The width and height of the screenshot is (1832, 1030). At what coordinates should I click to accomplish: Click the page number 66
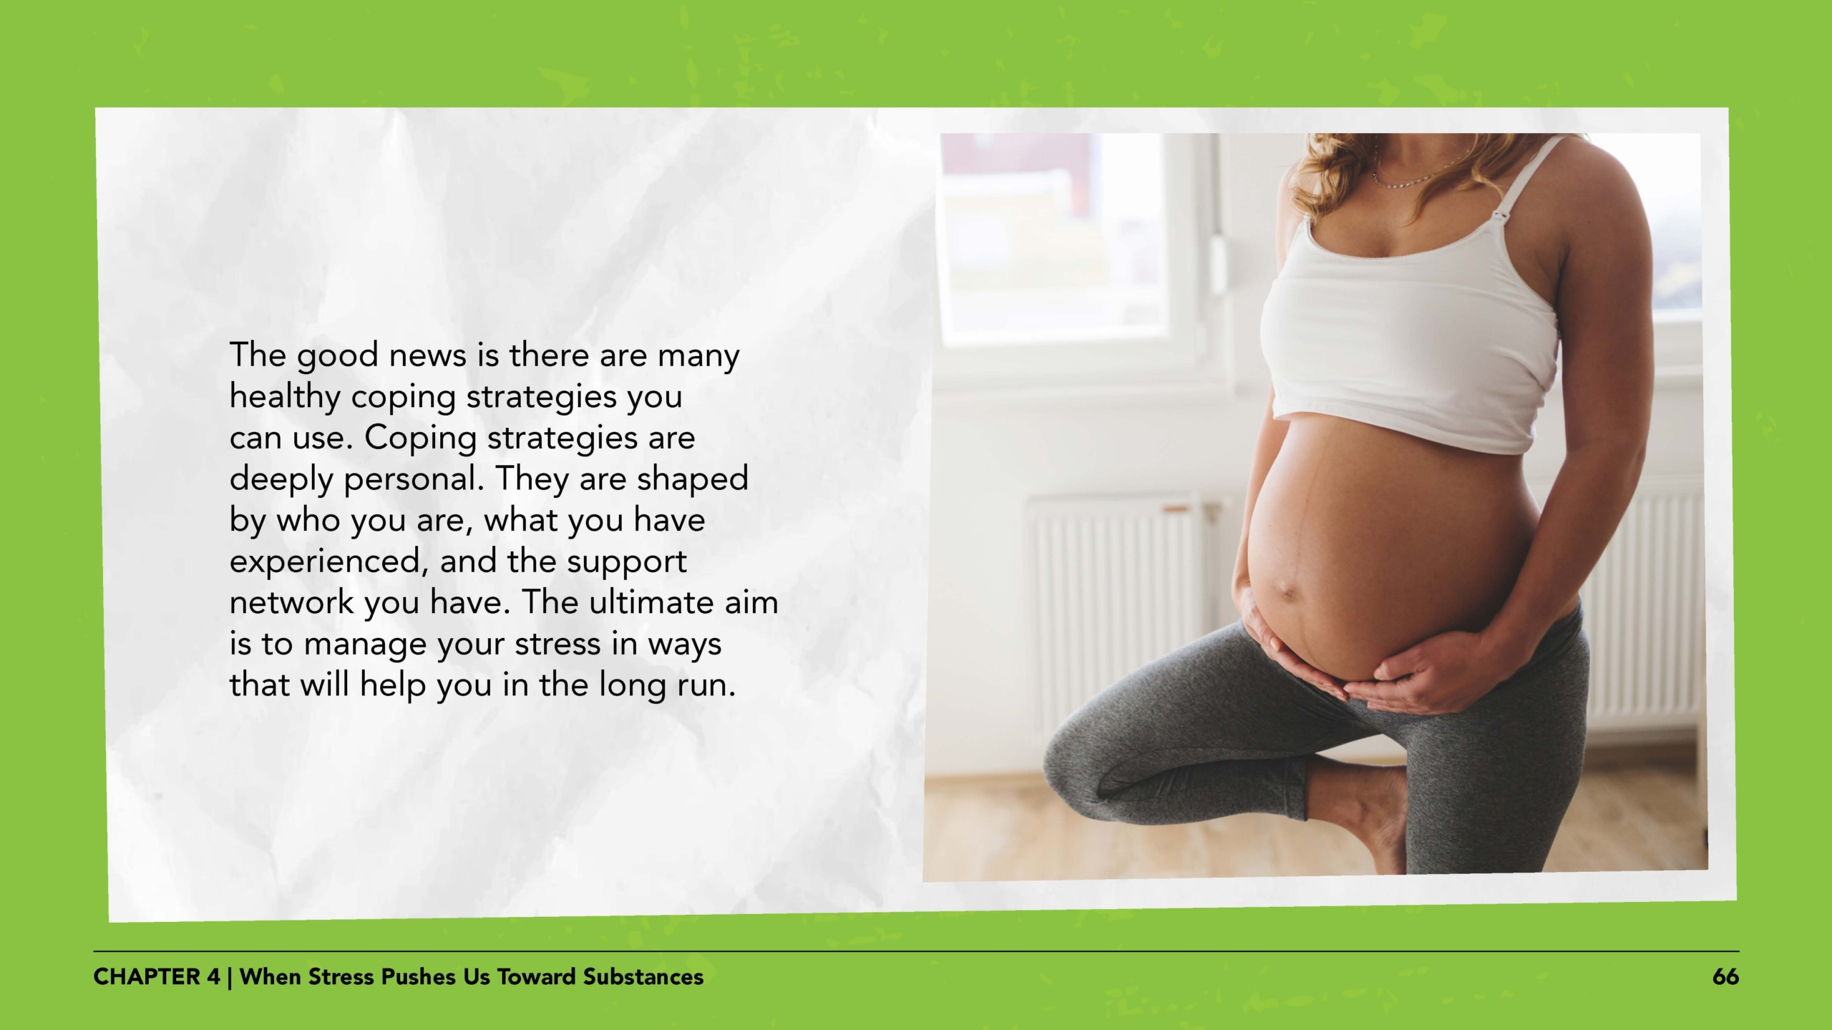1725,977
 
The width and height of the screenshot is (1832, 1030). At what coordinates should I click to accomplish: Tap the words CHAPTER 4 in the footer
157,977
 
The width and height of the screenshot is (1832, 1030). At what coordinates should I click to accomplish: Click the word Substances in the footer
643,977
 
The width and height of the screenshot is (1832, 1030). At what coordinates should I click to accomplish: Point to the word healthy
284,397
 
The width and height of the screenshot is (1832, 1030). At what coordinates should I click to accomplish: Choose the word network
291,602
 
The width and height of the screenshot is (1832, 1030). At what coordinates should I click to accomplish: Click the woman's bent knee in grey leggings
1081,758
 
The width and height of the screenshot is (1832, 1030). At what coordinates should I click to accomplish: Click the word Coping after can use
420,438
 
